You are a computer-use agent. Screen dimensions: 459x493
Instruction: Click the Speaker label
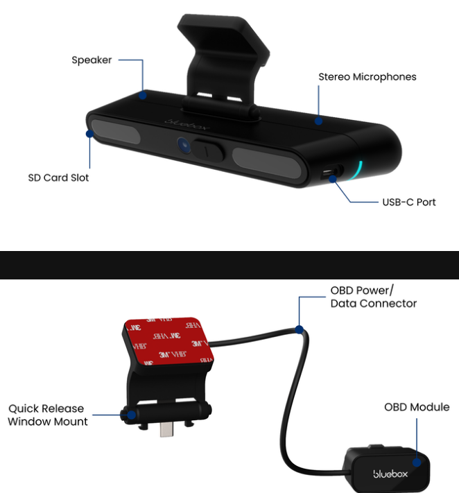click(x=92, y=60)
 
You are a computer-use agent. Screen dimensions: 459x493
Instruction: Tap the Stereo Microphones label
click(x=367, y=77)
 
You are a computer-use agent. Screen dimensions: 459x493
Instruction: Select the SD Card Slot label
click(x=58, y=178)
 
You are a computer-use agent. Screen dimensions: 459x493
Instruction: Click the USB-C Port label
click(x=409, y=202)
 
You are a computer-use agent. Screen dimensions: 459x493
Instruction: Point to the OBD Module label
click(x=417, y=407)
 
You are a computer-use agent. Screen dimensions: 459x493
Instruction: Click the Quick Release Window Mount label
click(x=48, y=415)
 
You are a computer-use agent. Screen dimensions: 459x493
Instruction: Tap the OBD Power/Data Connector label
click(x=373, y=297)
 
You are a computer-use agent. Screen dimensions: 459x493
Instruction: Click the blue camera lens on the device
click(x=184, y=145)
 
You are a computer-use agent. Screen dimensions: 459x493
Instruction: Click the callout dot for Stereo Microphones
click(x=318, y=121)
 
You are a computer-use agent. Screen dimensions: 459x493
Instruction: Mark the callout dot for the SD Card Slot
click(x=89, y=134)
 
